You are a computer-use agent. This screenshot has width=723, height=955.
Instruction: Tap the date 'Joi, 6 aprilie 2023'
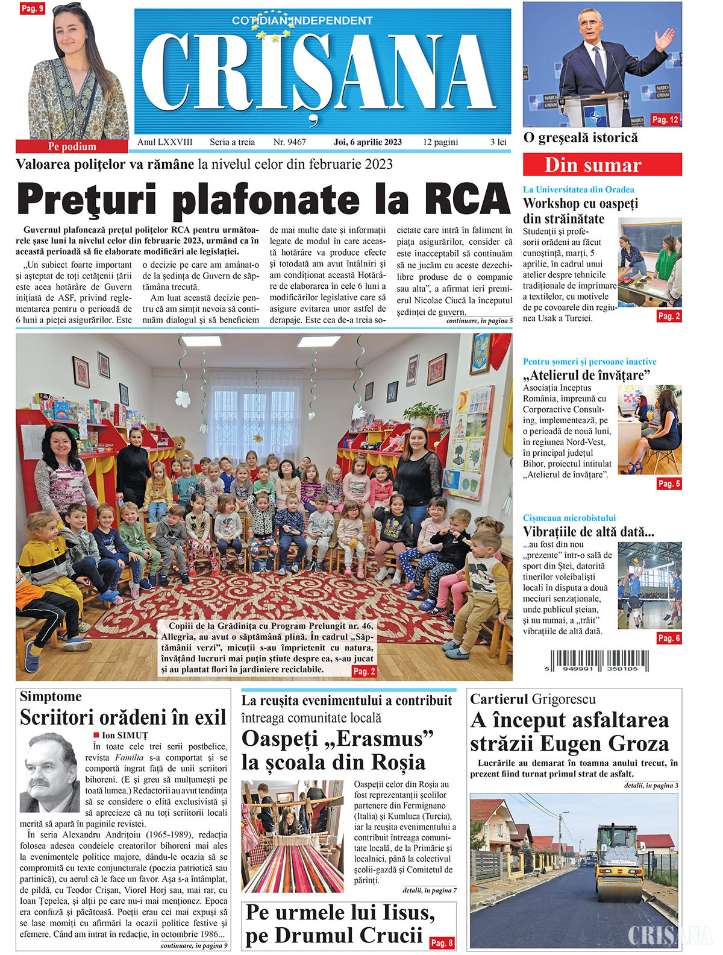368,142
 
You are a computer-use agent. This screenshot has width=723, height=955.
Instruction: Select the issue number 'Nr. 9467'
289,142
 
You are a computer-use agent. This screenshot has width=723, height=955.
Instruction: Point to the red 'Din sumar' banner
602,165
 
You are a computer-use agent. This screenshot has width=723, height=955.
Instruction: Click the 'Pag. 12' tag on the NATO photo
665,120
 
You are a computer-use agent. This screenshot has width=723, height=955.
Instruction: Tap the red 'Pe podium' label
72,147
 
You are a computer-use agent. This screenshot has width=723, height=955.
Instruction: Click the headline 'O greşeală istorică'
580,137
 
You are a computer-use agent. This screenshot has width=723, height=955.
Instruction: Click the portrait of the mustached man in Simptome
49,772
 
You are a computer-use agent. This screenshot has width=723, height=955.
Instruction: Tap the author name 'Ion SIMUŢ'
124,735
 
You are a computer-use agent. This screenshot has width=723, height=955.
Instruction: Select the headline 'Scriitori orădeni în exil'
123,717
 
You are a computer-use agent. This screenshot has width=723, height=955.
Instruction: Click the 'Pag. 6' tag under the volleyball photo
669,638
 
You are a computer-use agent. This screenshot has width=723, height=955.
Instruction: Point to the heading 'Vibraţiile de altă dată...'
588,532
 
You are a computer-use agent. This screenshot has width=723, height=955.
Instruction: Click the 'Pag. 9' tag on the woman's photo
32,8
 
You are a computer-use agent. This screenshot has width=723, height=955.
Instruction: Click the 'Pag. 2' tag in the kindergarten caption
364,671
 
